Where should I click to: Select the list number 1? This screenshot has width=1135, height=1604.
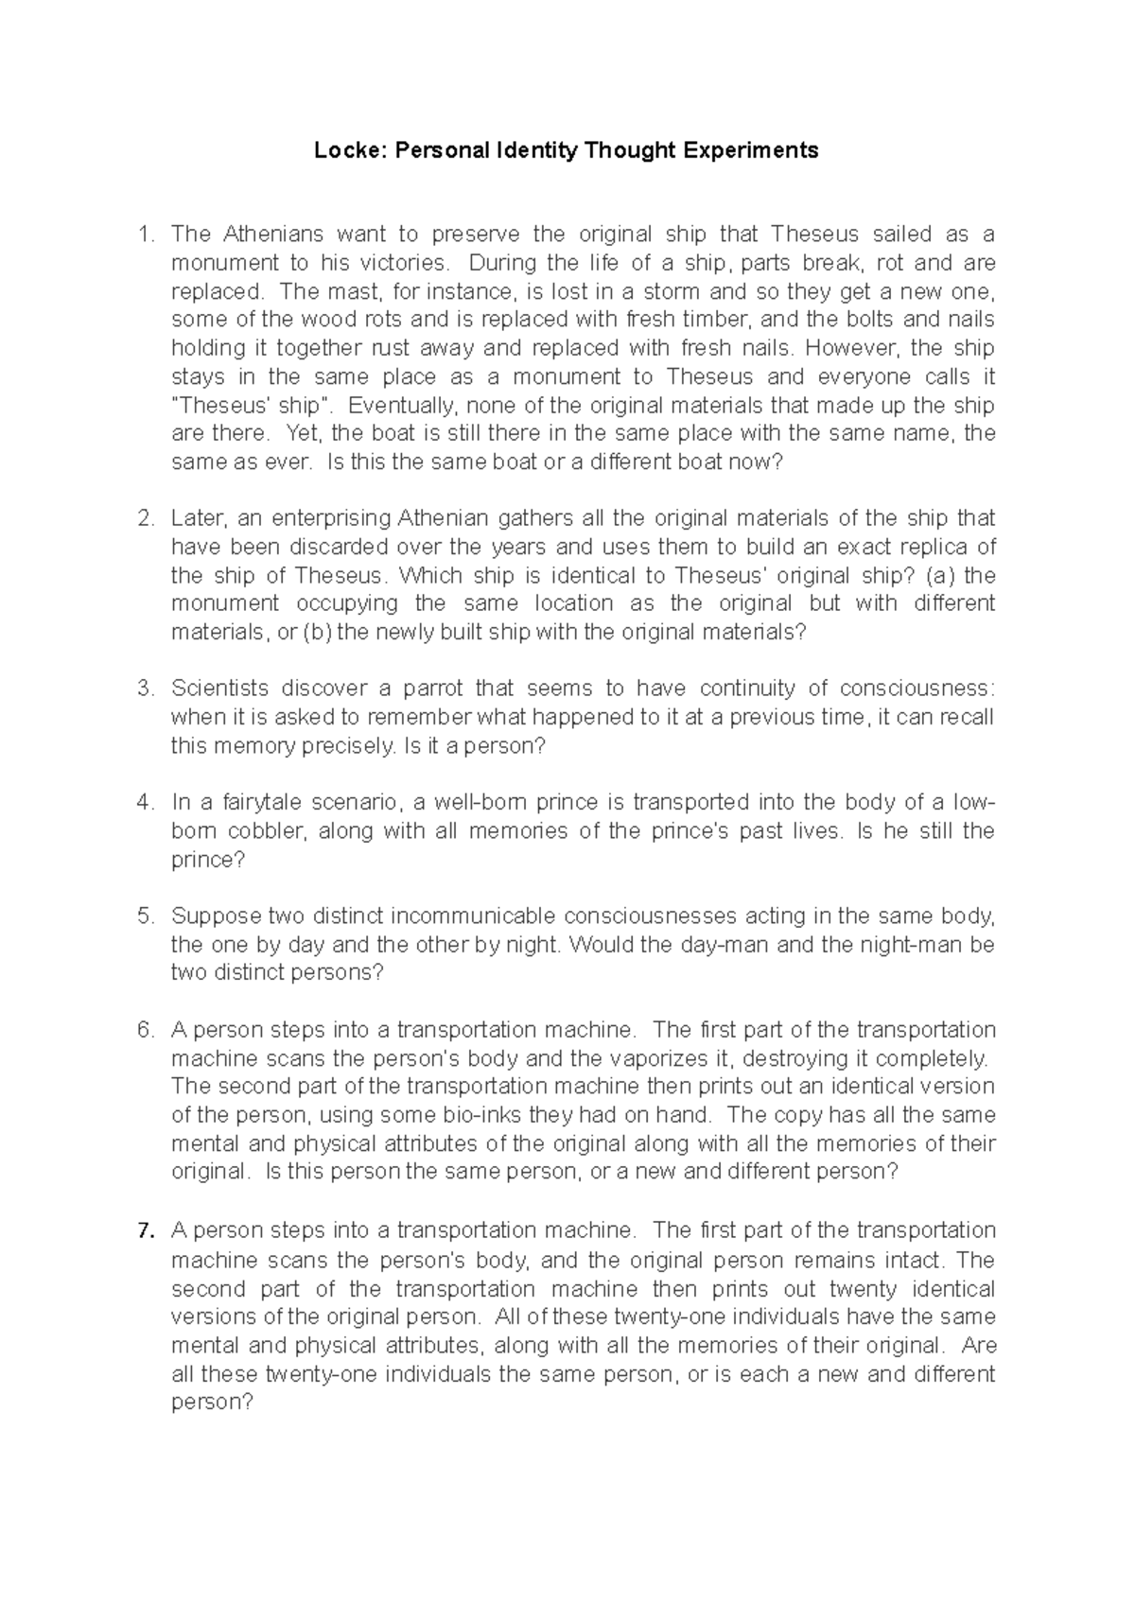point(145,234)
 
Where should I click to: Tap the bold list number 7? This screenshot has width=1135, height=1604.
point(145,1230)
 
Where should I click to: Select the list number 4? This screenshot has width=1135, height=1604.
point(145,803)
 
